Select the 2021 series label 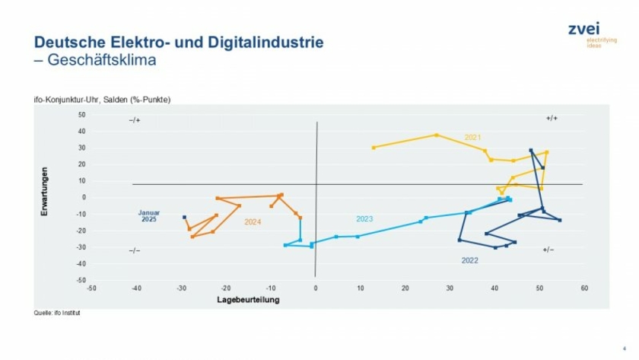click(472, 138)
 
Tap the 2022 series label click(469, 260)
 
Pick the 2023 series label click(364, 219)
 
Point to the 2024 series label click(253, 222)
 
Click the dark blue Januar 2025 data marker click(184, 217)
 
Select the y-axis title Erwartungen click(45, 190)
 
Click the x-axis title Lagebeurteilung click(249, 300)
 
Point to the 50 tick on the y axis click(81, 115)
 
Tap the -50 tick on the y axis click(81, 280)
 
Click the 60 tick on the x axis click(583, 288)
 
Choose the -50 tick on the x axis click(91, 288)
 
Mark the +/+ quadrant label click(552, 119)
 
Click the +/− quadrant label click(548, 250)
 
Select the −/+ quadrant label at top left click(135, 120)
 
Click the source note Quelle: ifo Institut click(57, 313)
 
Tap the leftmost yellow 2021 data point click(374, 148)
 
